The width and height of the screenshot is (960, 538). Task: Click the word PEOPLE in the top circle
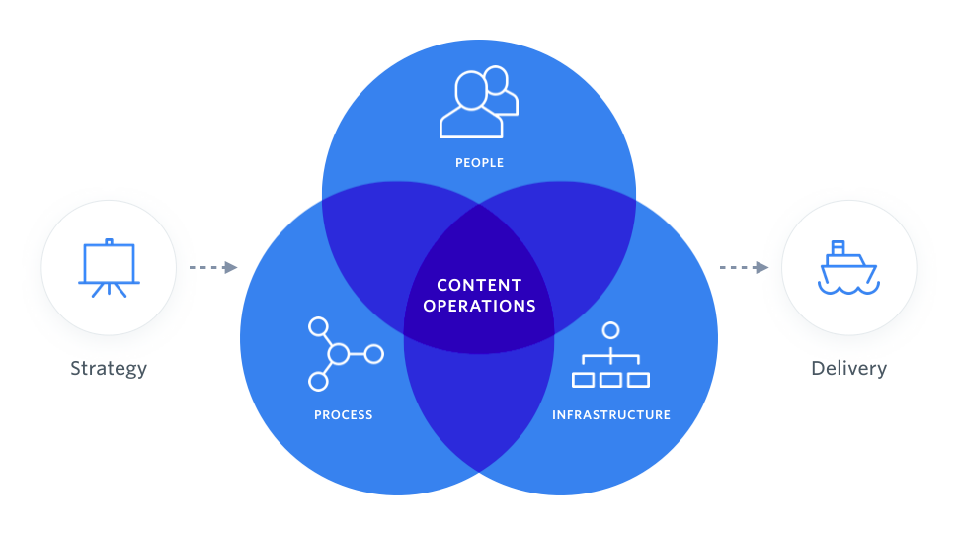coord(479,163)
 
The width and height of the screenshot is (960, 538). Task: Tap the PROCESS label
coord(344,415)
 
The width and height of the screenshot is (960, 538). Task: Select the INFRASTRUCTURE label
coord(611,415)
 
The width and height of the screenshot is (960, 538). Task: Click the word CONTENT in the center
coord(479,286)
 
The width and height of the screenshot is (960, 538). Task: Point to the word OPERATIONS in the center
coord(479,307)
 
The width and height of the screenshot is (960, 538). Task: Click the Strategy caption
coord(109,369)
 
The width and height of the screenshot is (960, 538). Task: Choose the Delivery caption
coord(848,369)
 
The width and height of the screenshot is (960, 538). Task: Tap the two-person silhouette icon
coord(478,102)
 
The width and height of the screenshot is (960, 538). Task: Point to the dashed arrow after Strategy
coord(213,267)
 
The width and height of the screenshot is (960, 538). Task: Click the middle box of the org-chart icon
coord(611,379)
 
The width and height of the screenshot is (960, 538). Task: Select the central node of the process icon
coord(339,353)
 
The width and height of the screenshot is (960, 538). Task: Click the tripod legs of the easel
coord(109,290)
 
